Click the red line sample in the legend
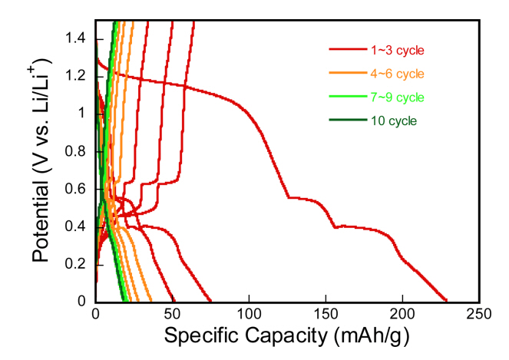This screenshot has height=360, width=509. click(350, 51)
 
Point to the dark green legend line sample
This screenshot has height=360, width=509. click(350, 121)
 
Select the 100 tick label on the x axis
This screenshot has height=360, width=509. click(249, 315)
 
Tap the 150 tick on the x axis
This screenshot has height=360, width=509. click(326, 315)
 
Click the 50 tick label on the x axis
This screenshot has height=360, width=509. click(172, 315)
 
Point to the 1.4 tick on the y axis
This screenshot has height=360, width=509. click(79, 39)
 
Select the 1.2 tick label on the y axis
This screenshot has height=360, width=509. click(79, 77)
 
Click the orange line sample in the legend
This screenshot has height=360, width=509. click(350, 74)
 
